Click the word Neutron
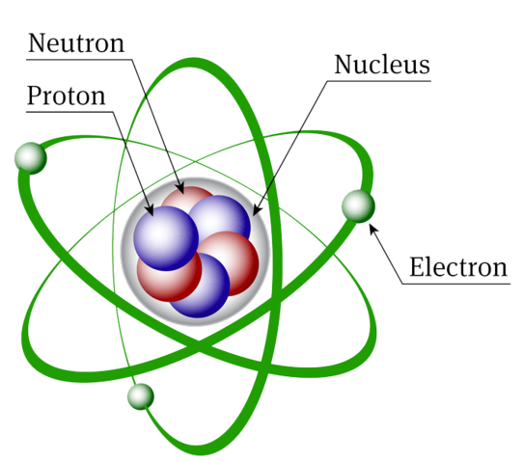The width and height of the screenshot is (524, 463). click(76, 43)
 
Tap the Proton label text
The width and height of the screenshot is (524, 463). click(67, 95)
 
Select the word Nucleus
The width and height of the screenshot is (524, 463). click(382, 65)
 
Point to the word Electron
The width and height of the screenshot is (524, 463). click(458, 267)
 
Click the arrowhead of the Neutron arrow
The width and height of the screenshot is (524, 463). click(180, 188)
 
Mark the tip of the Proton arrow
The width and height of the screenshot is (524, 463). click(153, 216)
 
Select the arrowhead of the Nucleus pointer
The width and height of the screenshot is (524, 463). click(257, 210)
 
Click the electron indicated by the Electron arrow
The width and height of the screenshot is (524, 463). click(358, 206)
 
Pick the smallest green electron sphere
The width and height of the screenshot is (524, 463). click(141, 396)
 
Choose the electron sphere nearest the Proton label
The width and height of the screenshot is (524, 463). click(31, 158)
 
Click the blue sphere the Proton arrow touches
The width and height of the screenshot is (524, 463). click(166, 238)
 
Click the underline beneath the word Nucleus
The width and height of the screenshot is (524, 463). click(379, 81)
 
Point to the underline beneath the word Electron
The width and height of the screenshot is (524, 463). click(456, 284)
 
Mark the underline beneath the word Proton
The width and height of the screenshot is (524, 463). click(69, 112)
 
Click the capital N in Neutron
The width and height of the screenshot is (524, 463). click(38, 43)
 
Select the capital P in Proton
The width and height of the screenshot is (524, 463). click(35, 95)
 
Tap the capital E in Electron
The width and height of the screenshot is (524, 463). click(418, 267)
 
